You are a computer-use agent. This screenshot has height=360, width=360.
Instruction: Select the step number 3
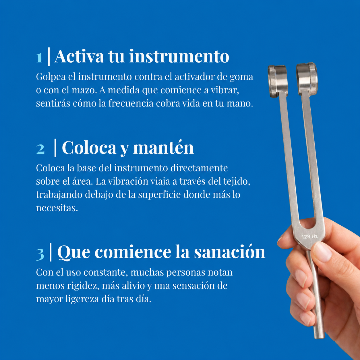point(40,254)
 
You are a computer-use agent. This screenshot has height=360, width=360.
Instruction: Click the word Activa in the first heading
point(79,56)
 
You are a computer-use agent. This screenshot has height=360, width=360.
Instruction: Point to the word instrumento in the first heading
point(179,56)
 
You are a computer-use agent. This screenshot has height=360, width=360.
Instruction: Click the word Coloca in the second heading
point(89,148)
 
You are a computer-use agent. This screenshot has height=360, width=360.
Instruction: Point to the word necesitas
point(57,208)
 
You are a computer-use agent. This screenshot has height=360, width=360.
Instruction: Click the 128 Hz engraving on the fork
point(309,237)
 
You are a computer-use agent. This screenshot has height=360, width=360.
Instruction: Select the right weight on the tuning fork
point(307,79)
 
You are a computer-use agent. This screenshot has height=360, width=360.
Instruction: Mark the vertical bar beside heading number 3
point(51,252)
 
